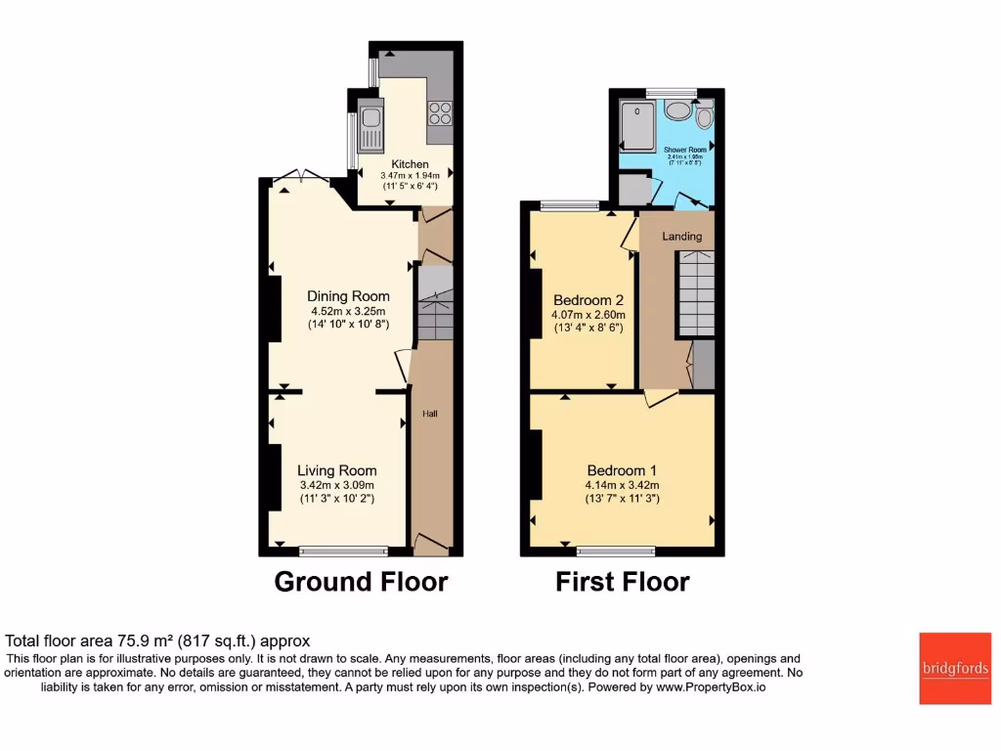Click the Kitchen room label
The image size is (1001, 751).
[x=410, y=163]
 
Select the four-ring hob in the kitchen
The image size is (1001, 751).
[x=439, y=112]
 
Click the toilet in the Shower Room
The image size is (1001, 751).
[x=704, y=118]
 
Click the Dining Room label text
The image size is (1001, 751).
[x=348, y=296]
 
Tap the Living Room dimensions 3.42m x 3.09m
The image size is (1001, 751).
[x=336, y=485]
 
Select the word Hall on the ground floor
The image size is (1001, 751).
[x=429, y=415]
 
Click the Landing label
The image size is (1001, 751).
[x=681, y=237]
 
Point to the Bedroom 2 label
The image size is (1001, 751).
[x=588, y=300]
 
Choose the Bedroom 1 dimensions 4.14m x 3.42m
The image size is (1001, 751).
[x=623, y=485]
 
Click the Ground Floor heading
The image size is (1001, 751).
[x=361, y=582]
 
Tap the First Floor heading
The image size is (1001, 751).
[x=623, y=582]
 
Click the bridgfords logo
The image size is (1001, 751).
[x=954, y=669]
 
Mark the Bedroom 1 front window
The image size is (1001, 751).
[x=616, y=551]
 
